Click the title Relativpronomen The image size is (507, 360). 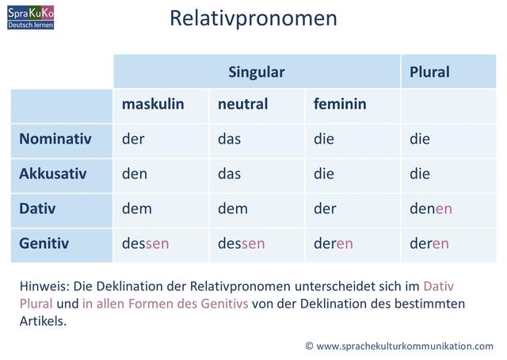click(x=253, y=18)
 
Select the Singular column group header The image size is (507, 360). click(x=256, y=72)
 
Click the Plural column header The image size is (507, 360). click(x=429, y=72)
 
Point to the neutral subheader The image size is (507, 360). click(x=242, y=105)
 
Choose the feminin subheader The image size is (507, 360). click(x=339, y=105)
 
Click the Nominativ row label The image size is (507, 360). click(x=55, y=140)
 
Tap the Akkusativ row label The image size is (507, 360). click(x=54, y=174)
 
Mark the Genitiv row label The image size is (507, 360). click(x=44, y=243)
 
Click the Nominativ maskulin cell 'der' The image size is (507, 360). click(x=133, y=140)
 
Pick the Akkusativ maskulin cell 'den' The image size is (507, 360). click(x=135, y=174)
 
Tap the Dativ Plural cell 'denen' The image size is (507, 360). click(x=431, y=209)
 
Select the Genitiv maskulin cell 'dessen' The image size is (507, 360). click(x=146, y=243)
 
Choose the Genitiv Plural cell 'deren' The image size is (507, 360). click(x=429, y=243)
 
